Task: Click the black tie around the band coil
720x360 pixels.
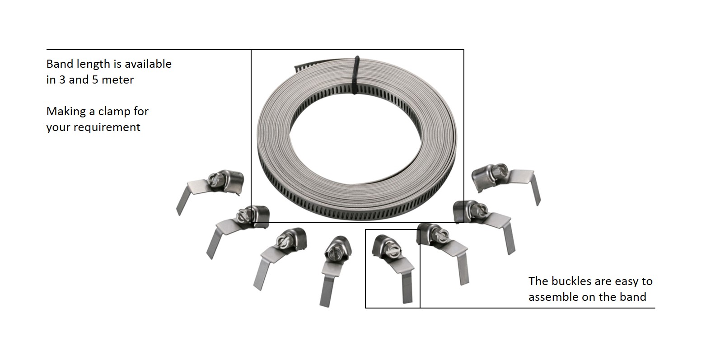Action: pyautogui.click(x=355, y=75)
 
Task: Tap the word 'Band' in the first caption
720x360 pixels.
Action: pyautogui.click(x=60, y=64)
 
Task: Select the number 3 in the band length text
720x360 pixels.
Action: pyautogui.click(x=62, y=79)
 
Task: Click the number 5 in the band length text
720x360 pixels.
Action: pyautogui.click(x=95, y=79)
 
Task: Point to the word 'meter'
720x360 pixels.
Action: pyautogui.click(x=117, y=79)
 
